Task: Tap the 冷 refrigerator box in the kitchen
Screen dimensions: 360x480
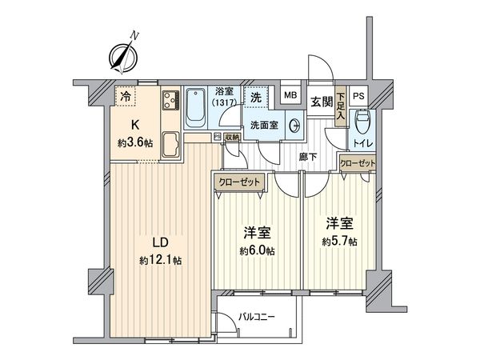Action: coord(126,96)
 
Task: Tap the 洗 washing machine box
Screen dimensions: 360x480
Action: coord(254,97)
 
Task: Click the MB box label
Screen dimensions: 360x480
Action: coord(291,97)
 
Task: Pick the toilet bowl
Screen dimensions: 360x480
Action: coord(362,122)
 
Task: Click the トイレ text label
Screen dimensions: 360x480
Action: coord(362,146)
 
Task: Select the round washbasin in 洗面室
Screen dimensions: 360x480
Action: coord(295,126)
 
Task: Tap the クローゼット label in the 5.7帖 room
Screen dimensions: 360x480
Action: coord(357,162)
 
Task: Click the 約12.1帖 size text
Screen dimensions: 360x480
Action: coord(159,260)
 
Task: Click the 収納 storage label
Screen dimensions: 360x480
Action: coord(232,137)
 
